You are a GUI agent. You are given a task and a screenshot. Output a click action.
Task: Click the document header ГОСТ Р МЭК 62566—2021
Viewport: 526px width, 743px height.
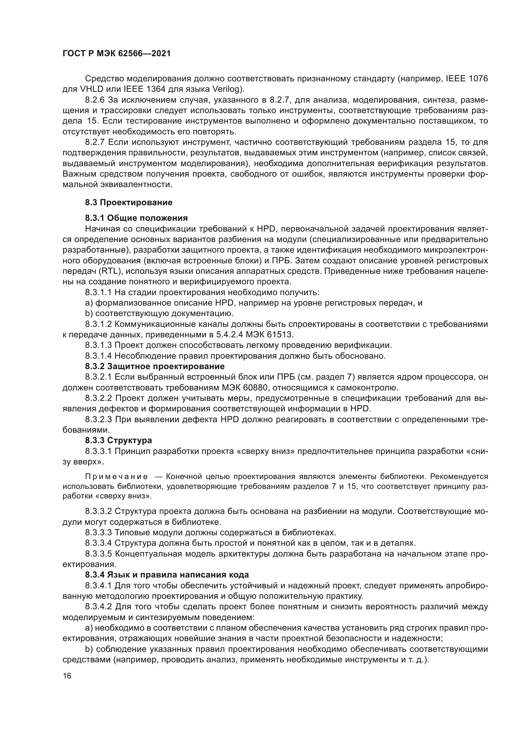[117, 54]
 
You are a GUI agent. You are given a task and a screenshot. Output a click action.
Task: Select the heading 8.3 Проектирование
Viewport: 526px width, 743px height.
[128, 203]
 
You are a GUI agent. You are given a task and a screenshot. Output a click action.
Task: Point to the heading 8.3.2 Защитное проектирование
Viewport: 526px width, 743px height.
[155, 366]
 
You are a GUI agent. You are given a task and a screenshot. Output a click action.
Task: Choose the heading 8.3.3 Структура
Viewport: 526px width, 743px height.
[119, 440]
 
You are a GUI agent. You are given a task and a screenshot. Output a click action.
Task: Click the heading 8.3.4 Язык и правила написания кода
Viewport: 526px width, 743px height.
[167, 575]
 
